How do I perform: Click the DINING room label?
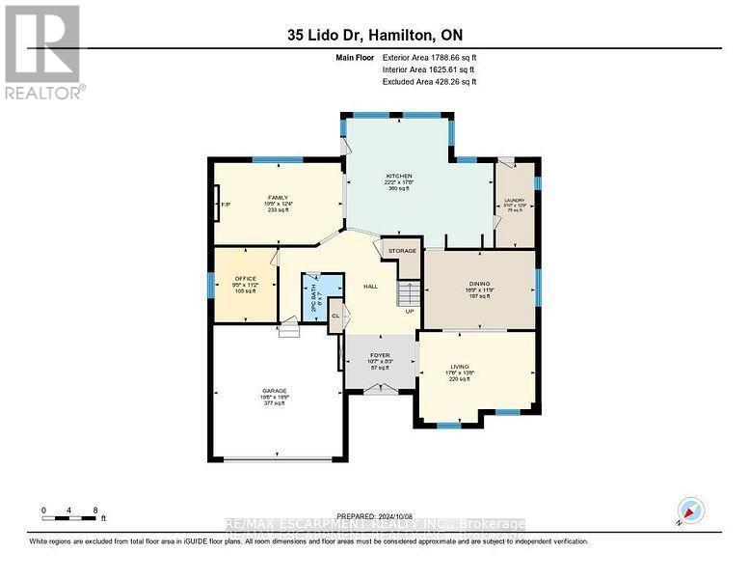tap(480, 284)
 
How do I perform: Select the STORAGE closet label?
tap(402, 251)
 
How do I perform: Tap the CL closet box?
tap(335, 316)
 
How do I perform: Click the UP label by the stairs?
tap(409, 312)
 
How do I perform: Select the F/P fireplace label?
tap(226, 205)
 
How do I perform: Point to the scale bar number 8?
tap(94, 509)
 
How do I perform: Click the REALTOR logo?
tap(43, 52)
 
